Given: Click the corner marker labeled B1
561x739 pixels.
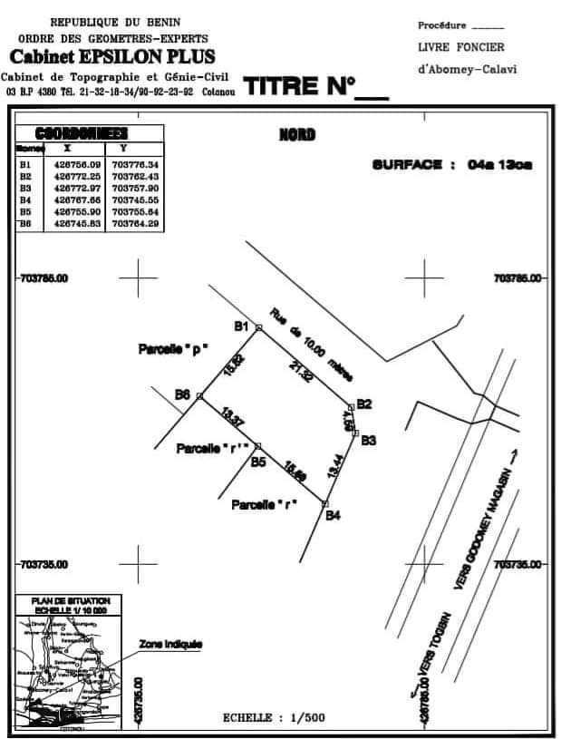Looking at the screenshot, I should pyautogui.click(x=258, y=327).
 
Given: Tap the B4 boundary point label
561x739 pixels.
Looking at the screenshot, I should pyautogui.click(x=334, y=516).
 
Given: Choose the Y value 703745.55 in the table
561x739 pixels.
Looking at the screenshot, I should pyautogui.click(x=135, y=199).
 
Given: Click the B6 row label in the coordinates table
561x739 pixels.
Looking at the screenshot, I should pyautogui.click(x=25, y=223).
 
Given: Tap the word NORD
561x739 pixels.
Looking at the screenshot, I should pyautogui.click(x=297, y=135).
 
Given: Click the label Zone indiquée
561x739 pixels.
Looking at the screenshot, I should pyautogui.click(x=170, y=645).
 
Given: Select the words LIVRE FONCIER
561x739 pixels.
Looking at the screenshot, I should pyautogui.click(x=460, y=47).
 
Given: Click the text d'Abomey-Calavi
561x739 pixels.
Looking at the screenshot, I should pyautogui.click(x=467, y=69).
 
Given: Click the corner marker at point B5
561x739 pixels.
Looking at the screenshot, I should pyautogui.click(x=257, y=446).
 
